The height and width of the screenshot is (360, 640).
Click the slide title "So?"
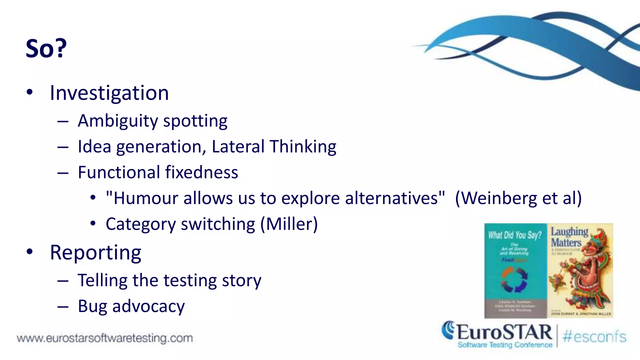pyautogui.click(x=46, y=48)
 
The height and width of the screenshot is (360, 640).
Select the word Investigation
pyautogui.click(x=109, y=93)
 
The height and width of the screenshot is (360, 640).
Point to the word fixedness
pyautogui.click(x=202, y=172)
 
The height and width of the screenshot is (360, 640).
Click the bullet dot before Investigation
pyautogui.click(x=30, y=92)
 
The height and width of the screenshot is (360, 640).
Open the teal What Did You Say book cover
pyautogui.click(x=515, y=271)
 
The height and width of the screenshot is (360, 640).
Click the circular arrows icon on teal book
pyautogui.click(x=514, y=279)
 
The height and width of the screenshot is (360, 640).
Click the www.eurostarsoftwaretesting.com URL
pyautogui.click(x=105, y=338)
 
